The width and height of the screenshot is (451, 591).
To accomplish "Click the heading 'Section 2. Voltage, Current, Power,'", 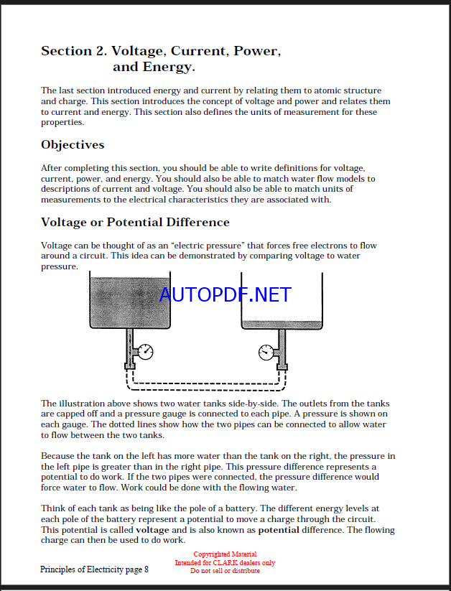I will coord(160,51).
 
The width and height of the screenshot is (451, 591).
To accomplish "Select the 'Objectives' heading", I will coord(73,145).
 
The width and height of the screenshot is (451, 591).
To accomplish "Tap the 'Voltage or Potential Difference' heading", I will coord(135,222).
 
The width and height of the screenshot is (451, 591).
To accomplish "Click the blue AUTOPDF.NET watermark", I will coord(225,294).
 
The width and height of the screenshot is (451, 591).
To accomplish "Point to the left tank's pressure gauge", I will coord(145,352).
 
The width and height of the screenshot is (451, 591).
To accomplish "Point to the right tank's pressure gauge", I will coord(266,352).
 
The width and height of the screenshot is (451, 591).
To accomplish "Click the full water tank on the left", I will coord(129,301).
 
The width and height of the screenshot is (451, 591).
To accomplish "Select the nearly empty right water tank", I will coord(282,302).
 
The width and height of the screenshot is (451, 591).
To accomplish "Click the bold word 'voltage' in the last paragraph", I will coord(152,530).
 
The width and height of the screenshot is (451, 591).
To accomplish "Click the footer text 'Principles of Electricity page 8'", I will coord(94,569).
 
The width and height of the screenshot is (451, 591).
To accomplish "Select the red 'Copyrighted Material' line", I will coord(224,554).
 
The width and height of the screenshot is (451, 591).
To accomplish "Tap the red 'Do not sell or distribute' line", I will coord(224,571).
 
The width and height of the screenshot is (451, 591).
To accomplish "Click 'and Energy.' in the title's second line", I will coord(154,68).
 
